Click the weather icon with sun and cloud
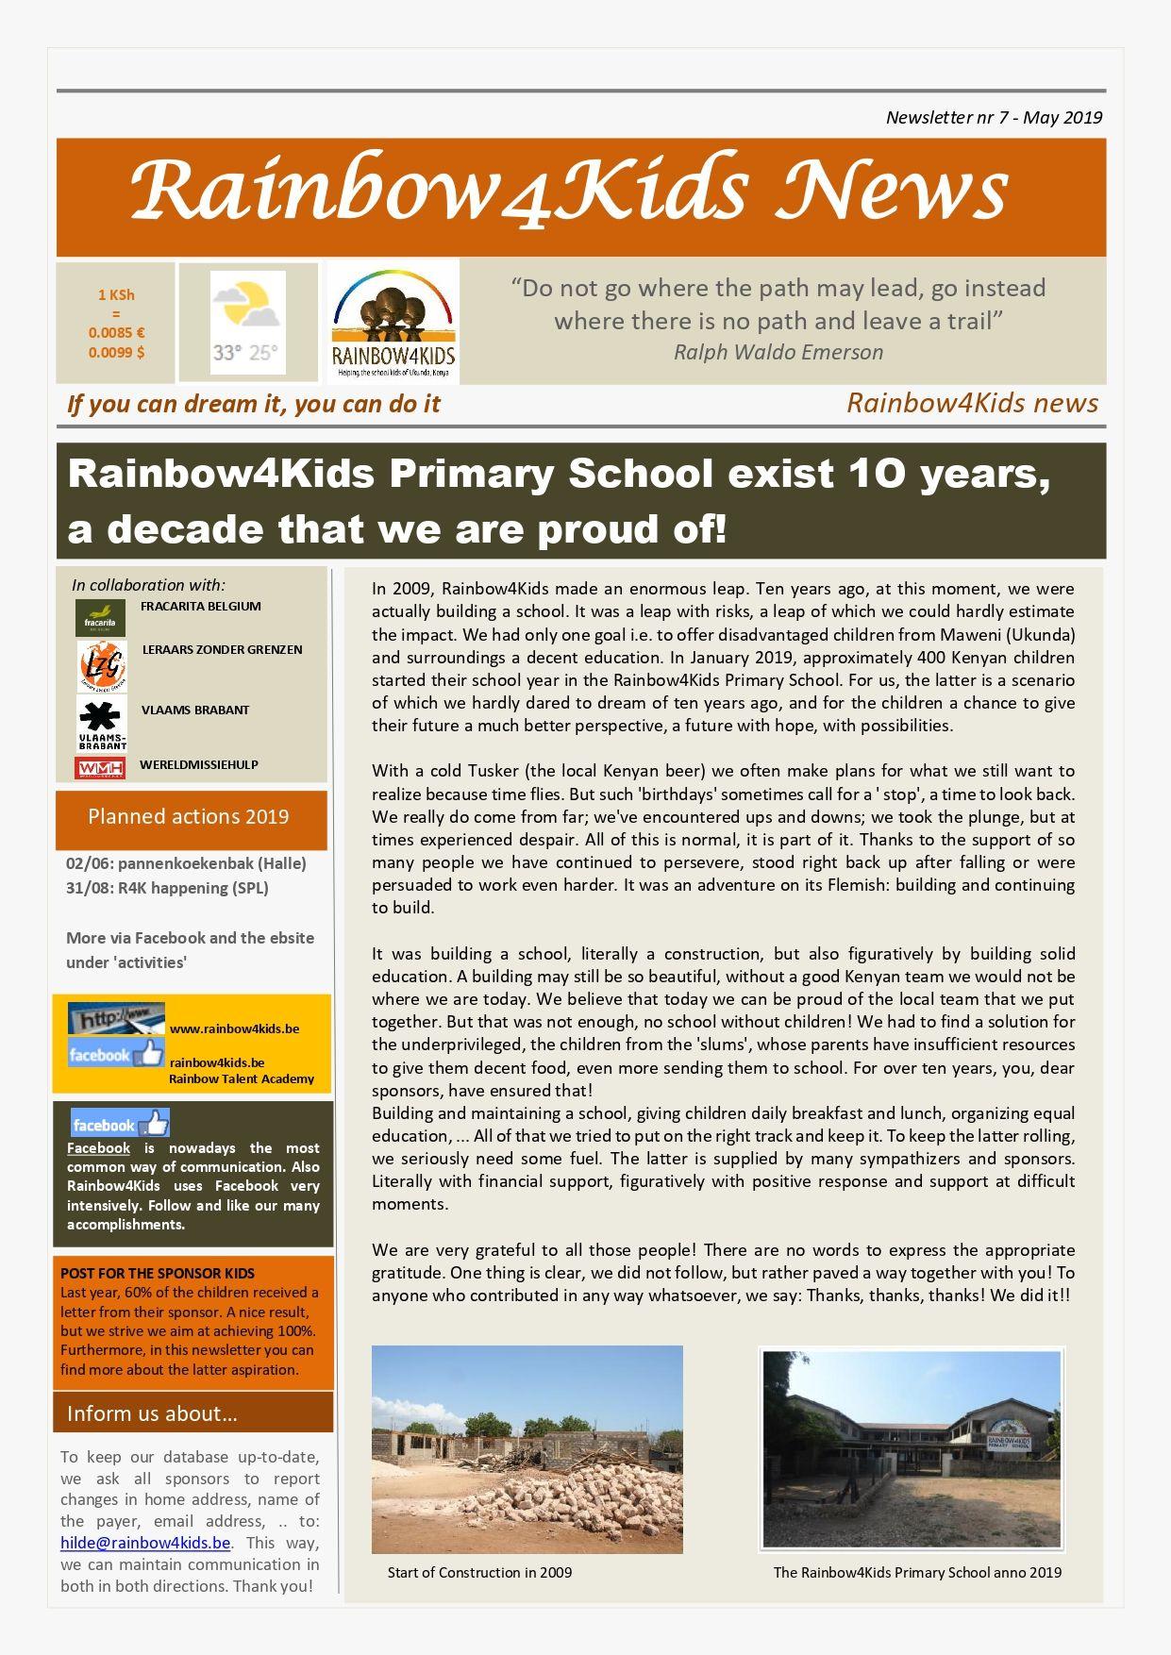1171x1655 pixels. pos(247,309)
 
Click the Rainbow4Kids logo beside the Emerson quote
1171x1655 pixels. pos(393,322)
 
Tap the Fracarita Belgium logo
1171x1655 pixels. pos(100,618)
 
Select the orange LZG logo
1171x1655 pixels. pos(102,665)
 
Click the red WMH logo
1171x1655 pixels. pos(100,768)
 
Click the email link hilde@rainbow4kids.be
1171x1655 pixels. pos(145,1543)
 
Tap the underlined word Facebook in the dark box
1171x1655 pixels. pos(98,1148)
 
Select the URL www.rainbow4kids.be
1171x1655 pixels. pos(234,1028)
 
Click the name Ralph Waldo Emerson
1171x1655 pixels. pos(778,352)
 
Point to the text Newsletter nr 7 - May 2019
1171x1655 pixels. pos(994,117)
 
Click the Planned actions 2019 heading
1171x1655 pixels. pos(189,817)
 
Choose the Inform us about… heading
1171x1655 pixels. pos(152,1413)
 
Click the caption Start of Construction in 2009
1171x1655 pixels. pos(479,1572)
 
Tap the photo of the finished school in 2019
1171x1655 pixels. pos(912,1449)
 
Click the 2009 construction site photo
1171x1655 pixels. pos(527,1449)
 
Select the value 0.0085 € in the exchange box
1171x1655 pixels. pos(116,332)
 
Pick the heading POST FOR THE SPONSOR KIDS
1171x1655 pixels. pos(158,1273)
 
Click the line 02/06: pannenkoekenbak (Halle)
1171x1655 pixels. pos(186,863)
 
